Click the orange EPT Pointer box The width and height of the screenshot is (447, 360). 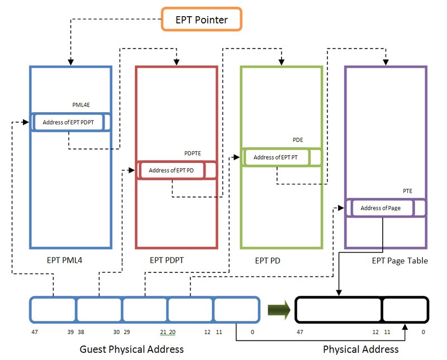pos(201,20)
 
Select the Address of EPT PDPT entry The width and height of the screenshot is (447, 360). pos(69,122)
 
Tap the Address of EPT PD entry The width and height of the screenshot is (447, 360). pos(172,170)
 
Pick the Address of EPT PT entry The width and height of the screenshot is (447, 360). pos(275,157)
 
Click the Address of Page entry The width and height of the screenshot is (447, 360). pos(381,208)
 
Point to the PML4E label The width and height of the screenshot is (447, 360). pos(82,104)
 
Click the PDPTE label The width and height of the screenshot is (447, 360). pos(193,153)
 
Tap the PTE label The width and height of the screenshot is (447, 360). pos(408,191)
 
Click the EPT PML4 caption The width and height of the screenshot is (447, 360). pos(65,260)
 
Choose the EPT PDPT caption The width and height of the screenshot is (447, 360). pos(167,260)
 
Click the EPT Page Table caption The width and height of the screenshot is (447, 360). pos(400,261)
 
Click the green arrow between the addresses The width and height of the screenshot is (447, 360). pos(278,310)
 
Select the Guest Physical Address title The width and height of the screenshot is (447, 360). pos(132,349)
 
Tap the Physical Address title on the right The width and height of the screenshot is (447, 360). pos(361,349)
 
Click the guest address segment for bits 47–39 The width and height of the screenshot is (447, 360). pos(53,310)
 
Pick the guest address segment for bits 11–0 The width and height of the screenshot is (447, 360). pos(236,310)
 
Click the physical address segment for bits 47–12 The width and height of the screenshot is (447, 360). pos(339,310)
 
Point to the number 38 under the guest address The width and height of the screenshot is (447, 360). pos(80,332)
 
